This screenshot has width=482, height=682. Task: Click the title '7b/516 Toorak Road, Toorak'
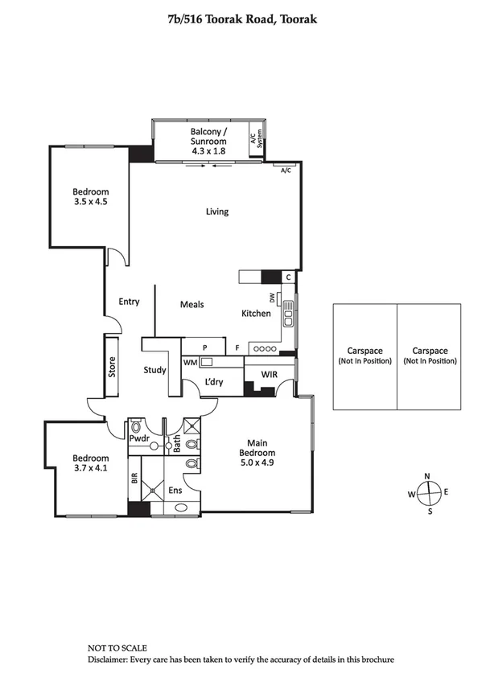point(241,17)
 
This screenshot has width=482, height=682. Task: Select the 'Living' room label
point(216,212)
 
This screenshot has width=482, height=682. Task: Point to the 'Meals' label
point(192,304)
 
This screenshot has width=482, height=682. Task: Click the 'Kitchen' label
point(257,313)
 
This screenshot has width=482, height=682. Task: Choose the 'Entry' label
point(129,302)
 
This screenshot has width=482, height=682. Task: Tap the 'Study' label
point(154,370)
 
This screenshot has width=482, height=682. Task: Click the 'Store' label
point(113,367)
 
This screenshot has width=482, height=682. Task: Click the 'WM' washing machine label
point(190,363)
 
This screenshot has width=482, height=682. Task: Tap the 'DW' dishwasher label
point(273,298)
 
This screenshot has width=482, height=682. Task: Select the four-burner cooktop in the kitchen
point(265,348)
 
